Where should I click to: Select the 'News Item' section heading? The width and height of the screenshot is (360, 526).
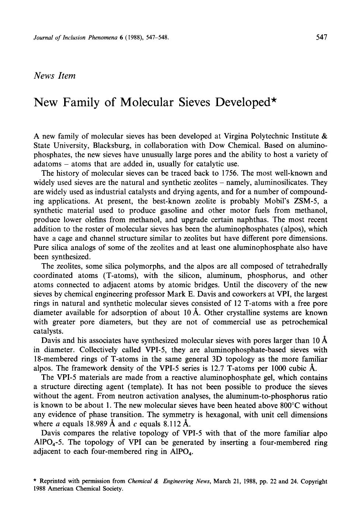[x=55, y=76]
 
